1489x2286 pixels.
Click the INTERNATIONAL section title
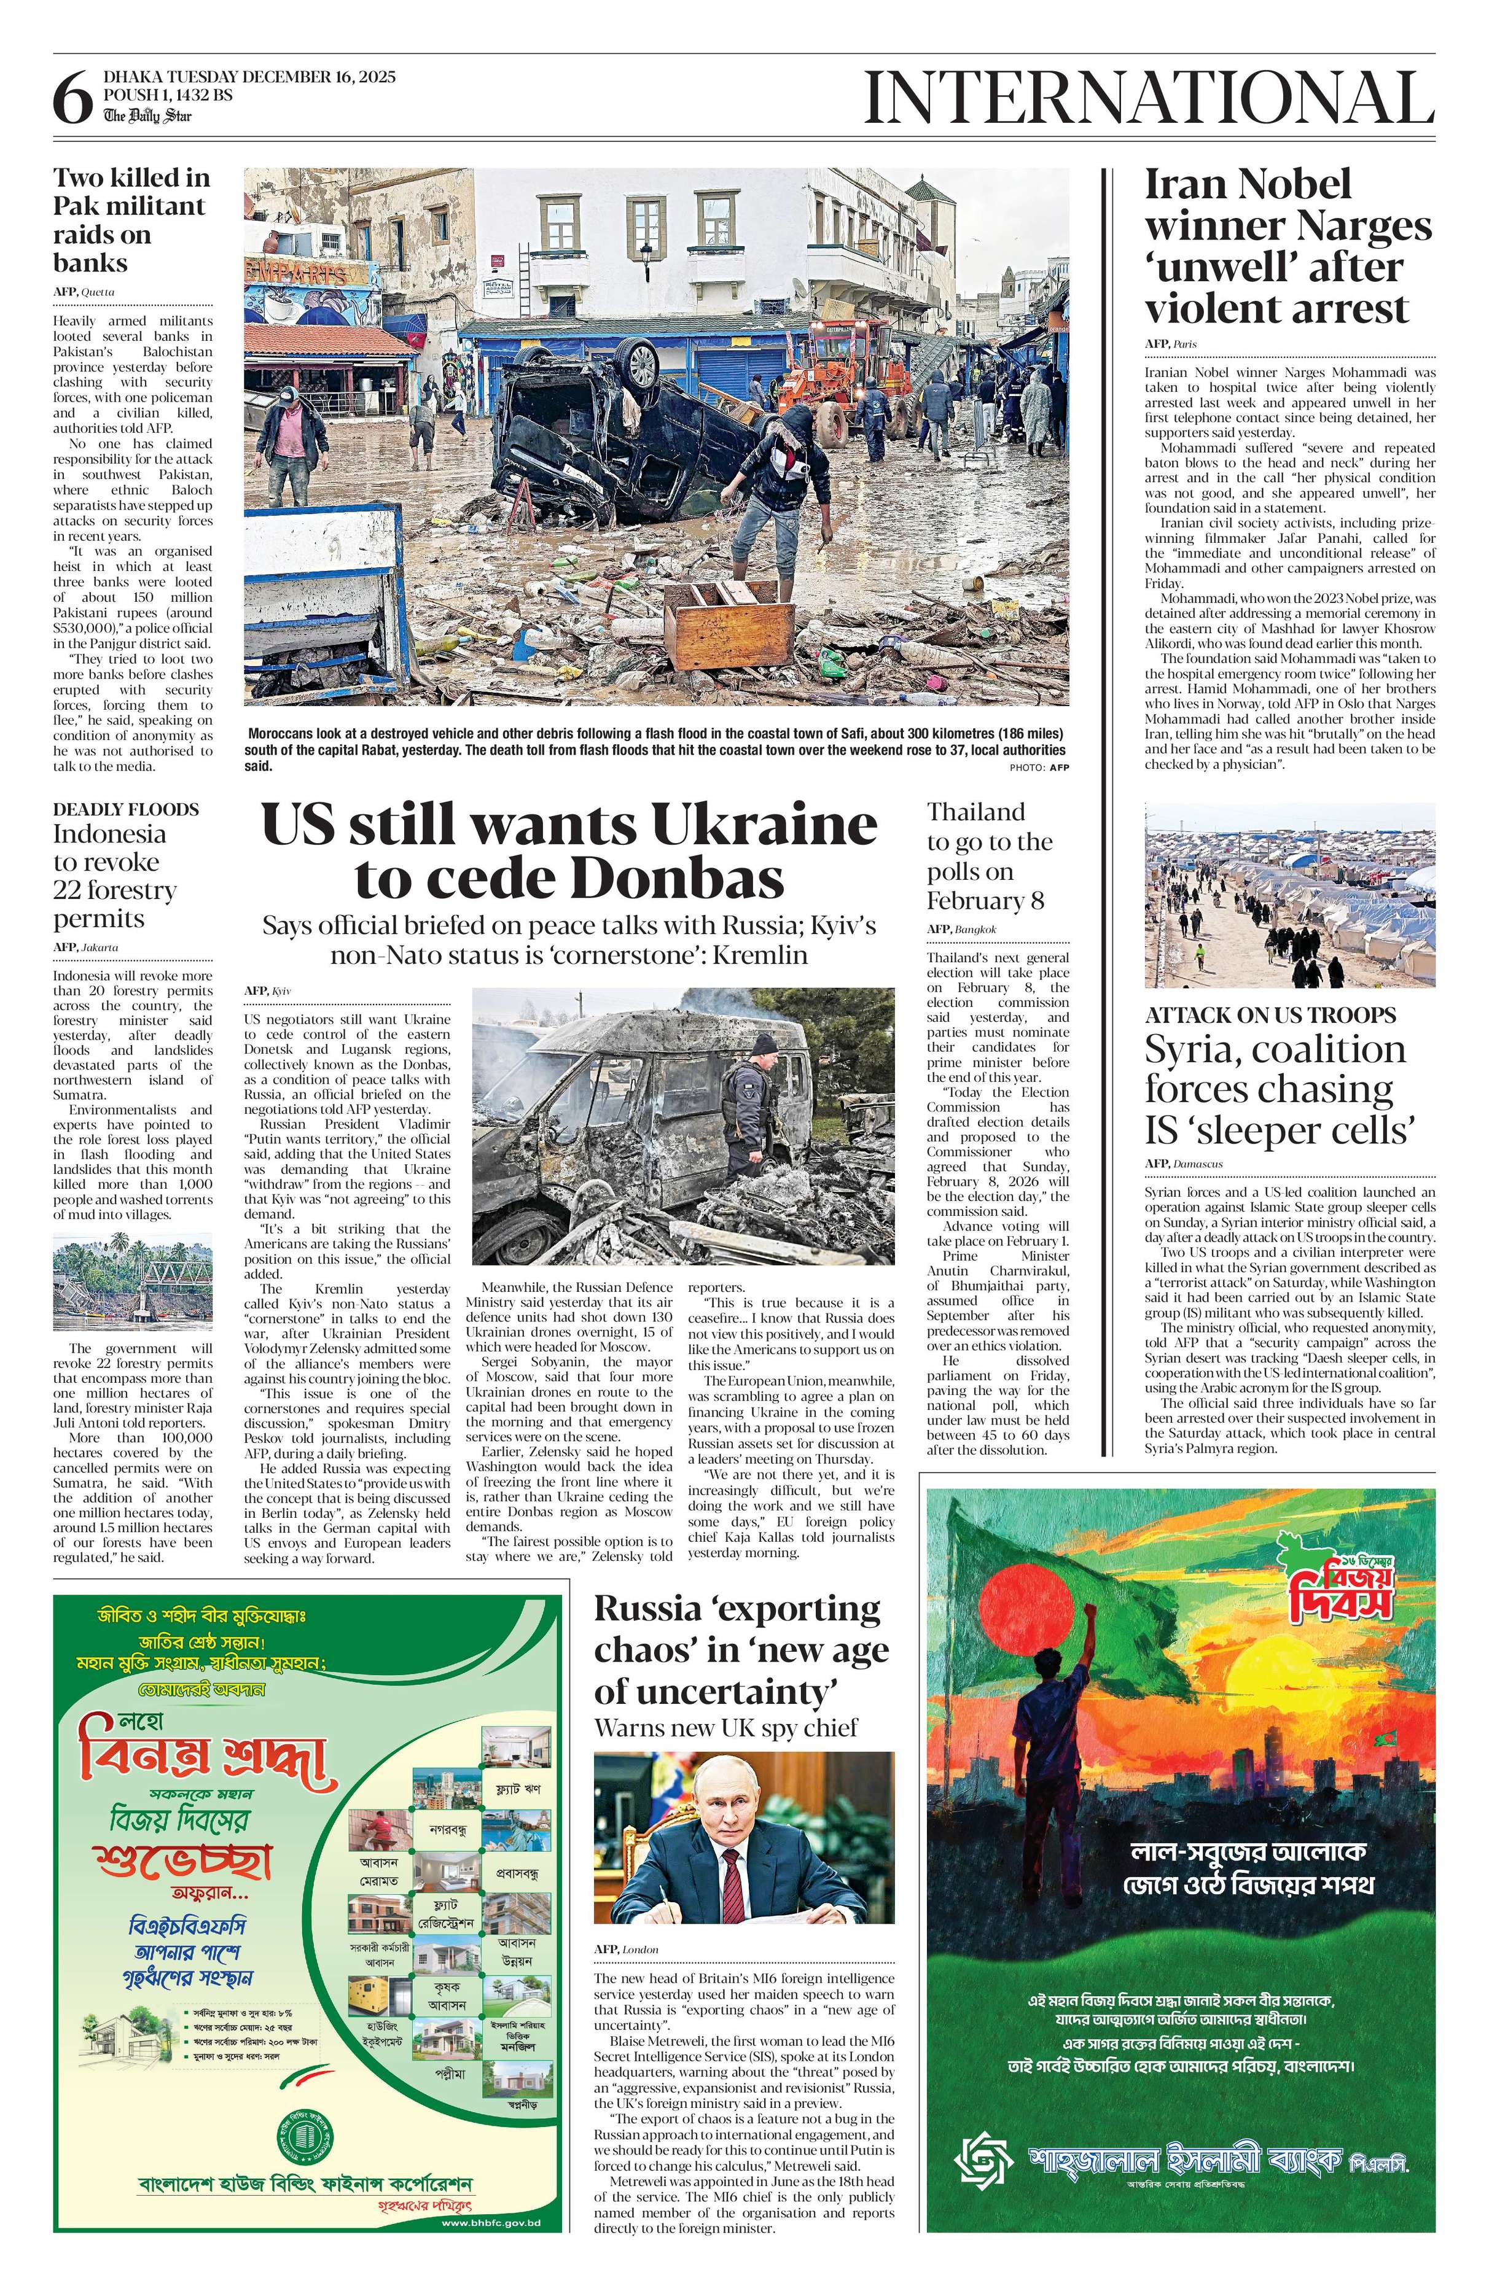[1149, 98]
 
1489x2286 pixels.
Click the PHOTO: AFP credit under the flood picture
[1039, 768]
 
